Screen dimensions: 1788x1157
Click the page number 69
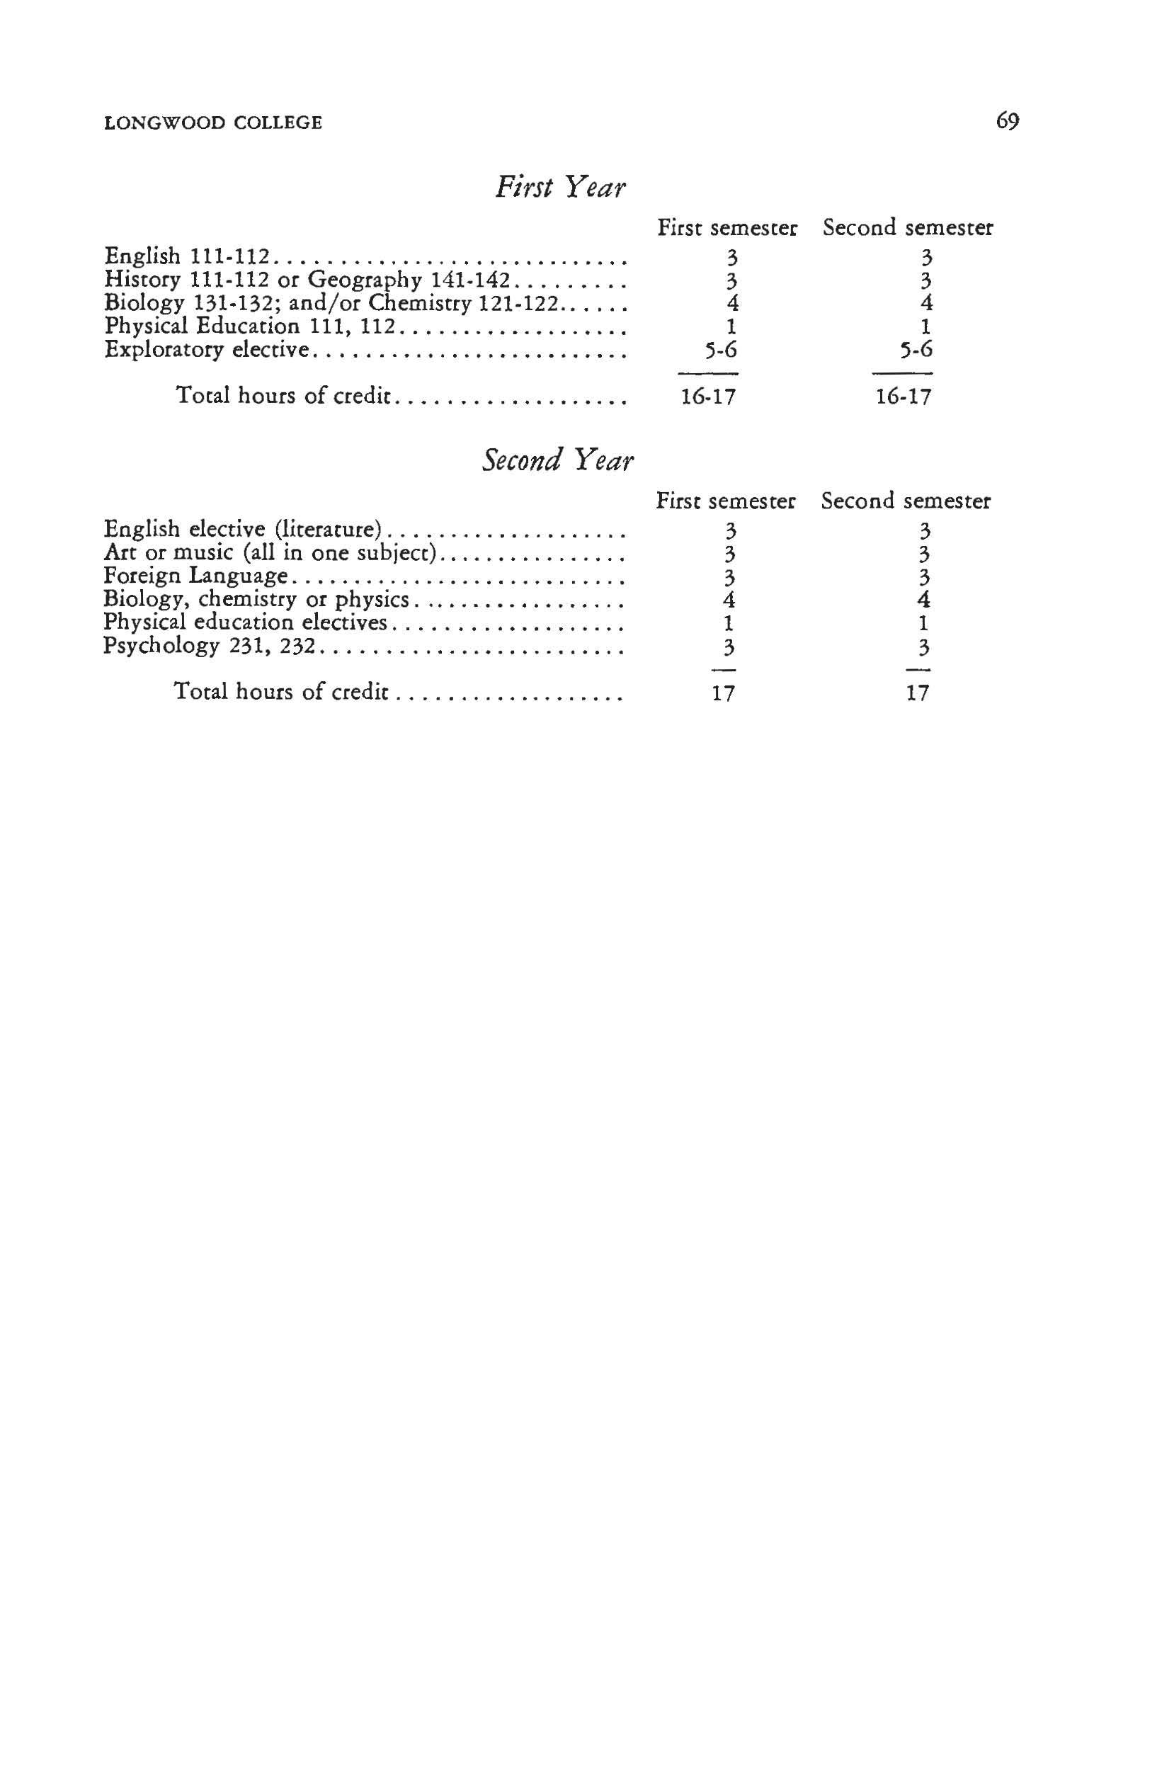pyautogui.click(x=1007, y=121)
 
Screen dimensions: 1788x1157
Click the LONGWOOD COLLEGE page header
pyautogui.click(x=213, y=123)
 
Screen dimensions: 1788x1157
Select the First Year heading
pyautogui.click(x=559, y=186)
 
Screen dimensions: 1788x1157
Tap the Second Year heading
pyautogui.click(x=557, y=460)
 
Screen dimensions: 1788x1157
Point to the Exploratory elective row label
pyautogui.click(x=207, y=349)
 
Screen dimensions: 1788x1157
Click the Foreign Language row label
pyautogui.click(x=195, y=576)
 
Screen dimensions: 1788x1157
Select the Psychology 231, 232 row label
pyautogui.click(x=208, y=646)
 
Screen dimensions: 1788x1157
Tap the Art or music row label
pyautogui.click(x=270, y=553)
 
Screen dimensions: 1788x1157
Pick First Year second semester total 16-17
pyautogui.click(x=903, y=396)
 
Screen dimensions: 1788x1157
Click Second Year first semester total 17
pyautogui.click(x=723, y=693)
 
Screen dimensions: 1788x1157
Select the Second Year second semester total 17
pyautogui.click(x=918, y=693)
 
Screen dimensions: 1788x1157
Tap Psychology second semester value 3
pyautogui.click(x=924, y=646)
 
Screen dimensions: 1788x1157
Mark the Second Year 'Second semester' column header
pyautogui.click(x=906, y=501)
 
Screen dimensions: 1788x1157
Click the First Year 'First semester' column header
pyautogui.click(x=726, y=227)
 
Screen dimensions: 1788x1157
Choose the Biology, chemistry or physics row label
pyautogui.click(x=256, y=600)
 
